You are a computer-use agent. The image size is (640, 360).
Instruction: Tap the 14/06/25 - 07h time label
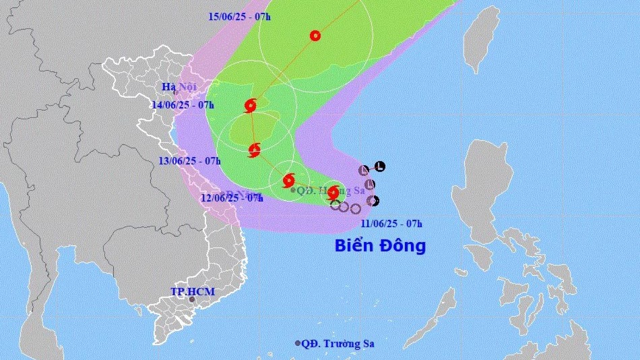[183, 104]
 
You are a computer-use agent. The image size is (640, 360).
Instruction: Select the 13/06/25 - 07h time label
[191, 160]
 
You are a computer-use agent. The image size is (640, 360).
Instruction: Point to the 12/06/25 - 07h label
[231, 198]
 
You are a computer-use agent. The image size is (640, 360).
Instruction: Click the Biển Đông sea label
[380, 246]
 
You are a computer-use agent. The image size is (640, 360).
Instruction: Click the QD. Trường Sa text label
[338, 344]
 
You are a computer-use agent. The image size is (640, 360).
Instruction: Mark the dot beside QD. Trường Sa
[298, 343]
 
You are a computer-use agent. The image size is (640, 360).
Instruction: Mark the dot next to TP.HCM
[192, 300]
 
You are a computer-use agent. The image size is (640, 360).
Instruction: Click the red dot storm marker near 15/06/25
[315, 36]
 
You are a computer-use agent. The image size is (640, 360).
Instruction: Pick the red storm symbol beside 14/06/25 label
[251, 105]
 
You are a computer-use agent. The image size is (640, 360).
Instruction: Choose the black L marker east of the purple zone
[380, 166]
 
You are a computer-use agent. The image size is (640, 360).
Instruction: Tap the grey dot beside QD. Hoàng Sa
[293, 190]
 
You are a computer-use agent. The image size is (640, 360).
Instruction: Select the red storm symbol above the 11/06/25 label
[333, 193]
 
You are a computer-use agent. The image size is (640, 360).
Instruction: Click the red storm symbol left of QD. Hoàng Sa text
[289, 180]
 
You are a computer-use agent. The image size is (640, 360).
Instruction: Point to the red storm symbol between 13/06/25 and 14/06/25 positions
[254, 150]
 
